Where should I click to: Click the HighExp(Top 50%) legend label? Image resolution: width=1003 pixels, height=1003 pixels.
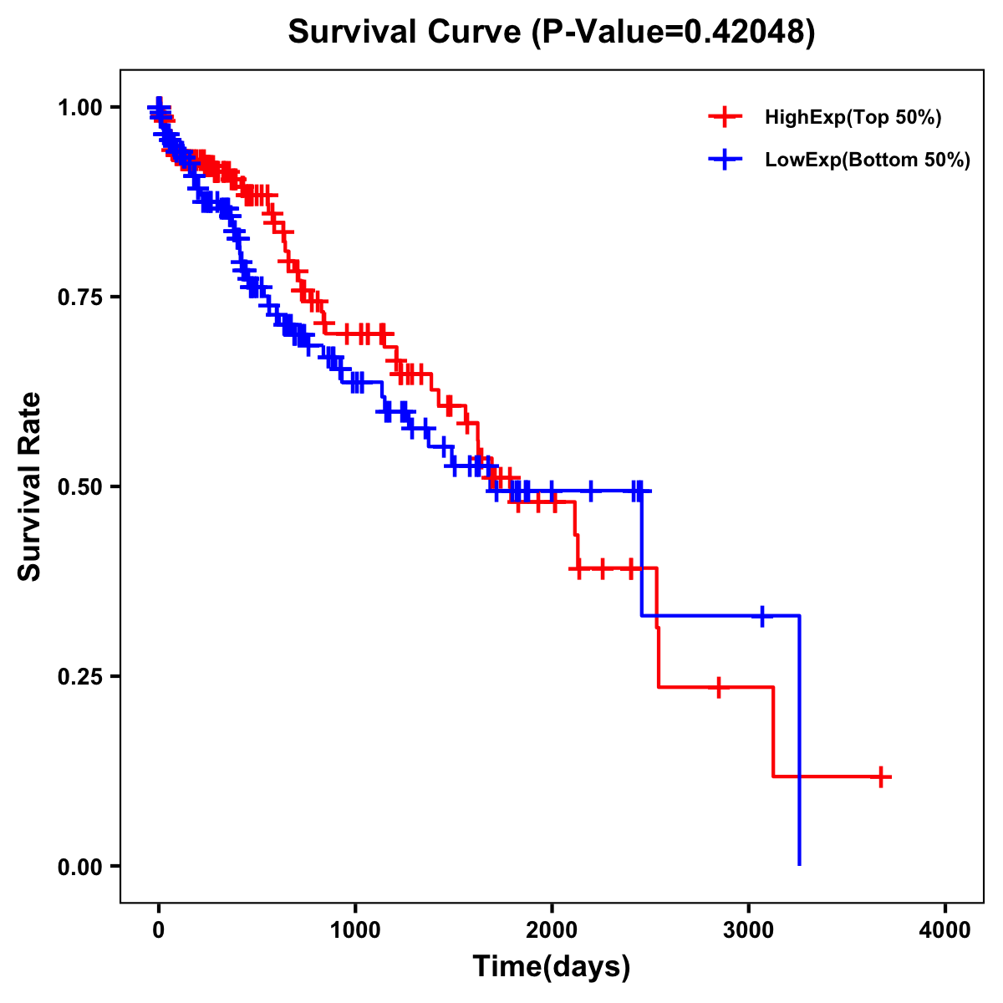(853, 118)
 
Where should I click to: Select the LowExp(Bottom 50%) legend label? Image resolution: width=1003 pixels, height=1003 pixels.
(867, 160)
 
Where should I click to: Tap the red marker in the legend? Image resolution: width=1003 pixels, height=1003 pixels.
(725, 117)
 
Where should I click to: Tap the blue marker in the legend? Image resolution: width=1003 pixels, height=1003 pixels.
(725, 159)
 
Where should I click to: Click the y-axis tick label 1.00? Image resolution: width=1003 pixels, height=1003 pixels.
(79, 107)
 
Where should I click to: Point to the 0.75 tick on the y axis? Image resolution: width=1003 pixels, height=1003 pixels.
(79, 297)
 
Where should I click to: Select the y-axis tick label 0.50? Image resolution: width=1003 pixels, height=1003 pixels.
(79, 486)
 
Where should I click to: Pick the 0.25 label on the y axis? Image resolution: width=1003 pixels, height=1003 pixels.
(79, 676)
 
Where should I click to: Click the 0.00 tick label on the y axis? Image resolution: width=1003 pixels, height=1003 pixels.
(79, 866)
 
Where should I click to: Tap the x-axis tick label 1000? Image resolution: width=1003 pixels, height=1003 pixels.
(355, 930)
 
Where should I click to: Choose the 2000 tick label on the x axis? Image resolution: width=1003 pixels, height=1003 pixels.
(552, 930)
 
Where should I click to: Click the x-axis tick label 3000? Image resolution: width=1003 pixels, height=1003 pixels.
(749, 930)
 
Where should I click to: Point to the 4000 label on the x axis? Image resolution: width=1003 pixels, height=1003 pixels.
(945, 930)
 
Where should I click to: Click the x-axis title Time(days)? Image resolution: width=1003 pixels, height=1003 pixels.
(552, 967)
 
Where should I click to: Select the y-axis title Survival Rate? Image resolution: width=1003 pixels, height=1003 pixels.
(30, 486)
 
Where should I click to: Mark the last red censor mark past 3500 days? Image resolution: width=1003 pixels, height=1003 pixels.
(880, 776)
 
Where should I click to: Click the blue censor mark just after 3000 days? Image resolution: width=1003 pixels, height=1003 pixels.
(762, 616)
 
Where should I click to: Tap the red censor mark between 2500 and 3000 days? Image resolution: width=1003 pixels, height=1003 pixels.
(718, 687)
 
